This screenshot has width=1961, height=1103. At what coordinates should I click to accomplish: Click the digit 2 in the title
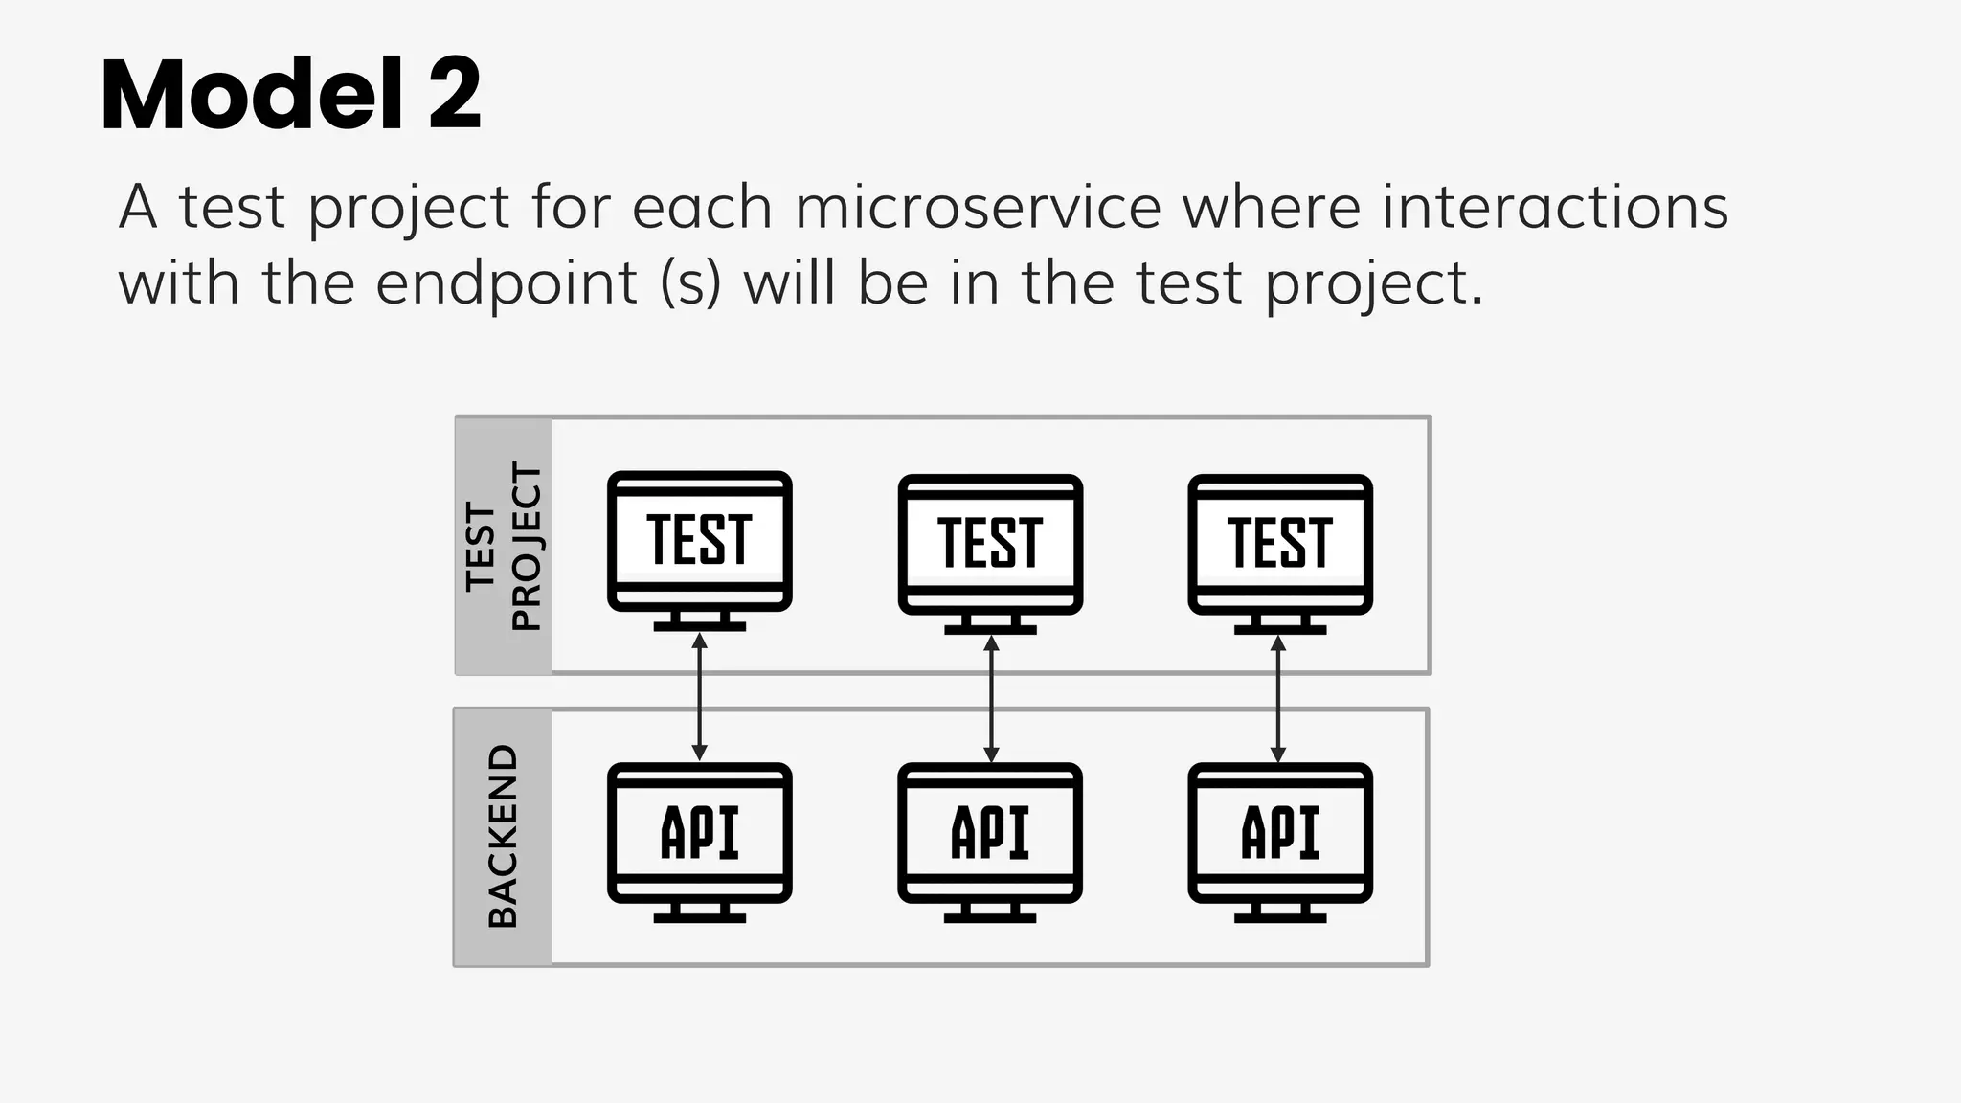(x=455, y=96)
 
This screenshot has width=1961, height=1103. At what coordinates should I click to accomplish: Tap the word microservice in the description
(x=977, y=207)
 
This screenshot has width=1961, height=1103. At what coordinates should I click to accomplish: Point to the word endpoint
(x=507, y=284)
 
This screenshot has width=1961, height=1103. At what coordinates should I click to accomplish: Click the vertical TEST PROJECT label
(x=504, y=546)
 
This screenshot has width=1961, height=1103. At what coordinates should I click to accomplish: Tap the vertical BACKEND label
(x=504, y=836)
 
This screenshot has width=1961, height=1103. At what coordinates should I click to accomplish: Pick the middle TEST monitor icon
(x=990, y=545)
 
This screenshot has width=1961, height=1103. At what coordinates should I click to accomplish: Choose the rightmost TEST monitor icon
(x=1280, y=545)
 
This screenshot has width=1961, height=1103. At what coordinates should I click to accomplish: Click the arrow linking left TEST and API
(x=699, y=697)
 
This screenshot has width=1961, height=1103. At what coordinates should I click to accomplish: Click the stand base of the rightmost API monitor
(x=1280, y=917)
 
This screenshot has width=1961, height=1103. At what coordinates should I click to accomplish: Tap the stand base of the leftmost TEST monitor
(x=699, y=626)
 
